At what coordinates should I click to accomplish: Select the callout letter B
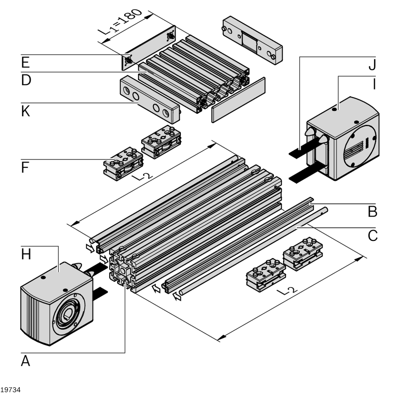pos(372,212)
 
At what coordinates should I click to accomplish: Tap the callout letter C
pos(372,236)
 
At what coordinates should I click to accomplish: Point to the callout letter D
pos(26,80)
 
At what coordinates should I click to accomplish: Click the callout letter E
pos(25,62)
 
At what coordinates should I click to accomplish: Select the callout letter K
pos(26,112)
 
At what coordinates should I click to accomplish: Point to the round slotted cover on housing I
pos(360,147)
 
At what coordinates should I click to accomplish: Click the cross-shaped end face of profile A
pos(123,270)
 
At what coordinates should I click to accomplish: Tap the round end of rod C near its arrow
pos(181,293)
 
